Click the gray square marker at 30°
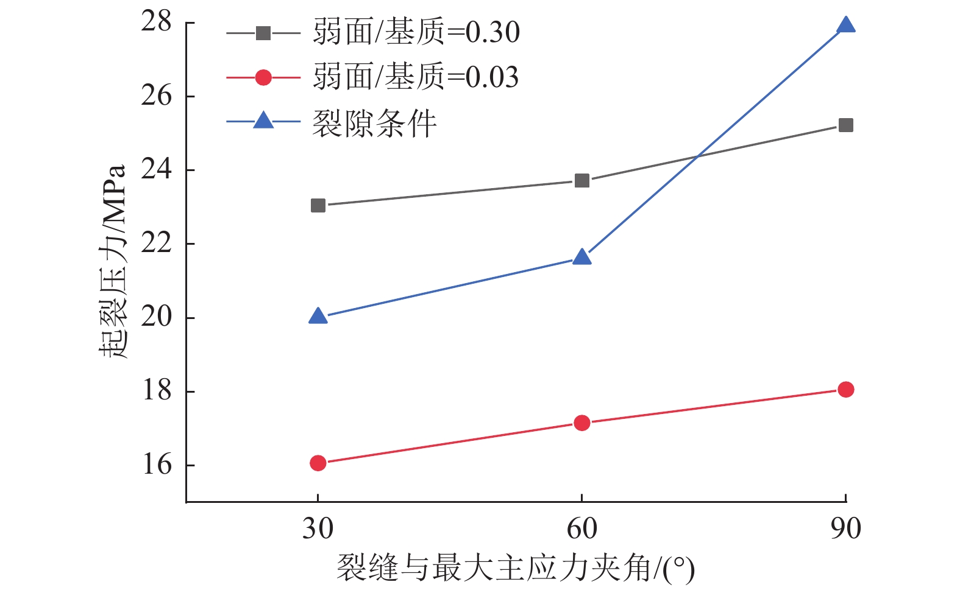[x=318, y=205]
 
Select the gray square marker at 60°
[x=581, y=180]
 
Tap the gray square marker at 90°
[x=845, y=125]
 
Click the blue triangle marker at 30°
[x=318, y=316]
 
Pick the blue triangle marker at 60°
[x=581, y=257]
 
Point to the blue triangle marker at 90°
[x=845, y=25]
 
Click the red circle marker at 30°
[x=318, y=463]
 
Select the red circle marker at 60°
[x=581, y=423]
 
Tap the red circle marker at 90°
[x=845, y=390]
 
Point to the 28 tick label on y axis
[x=157, y=22]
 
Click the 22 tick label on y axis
[x=157, y=244]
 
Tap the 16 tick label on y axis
[x=157, y=465]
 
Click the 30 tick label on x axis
[x=318, y=528]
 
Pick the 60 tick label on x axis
[x=581, y=528]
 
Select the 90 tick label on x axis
[x=845, y=528]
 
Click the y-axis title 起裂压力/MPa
[x=113, y=262]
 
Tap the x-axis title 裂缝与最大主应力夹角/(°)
[x=515, y=569]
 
